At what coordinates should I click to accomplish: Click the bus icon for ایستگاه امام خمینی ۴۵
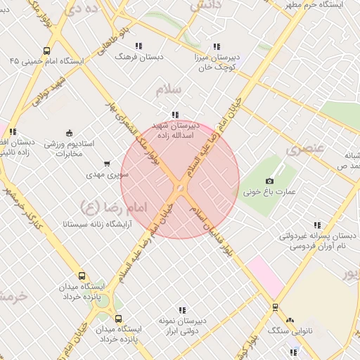(x=46, y=51)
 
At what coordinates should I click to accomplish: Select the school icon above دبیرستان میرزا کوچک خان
(x=216, y=46)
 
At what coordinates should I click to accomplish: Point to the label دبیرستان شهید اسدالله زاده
(x=175, y=129)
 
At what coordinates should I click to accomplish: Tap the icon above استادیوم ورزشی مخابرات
(x=69, y=132)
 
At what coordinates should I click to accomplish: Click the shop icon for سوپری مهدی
(x=107, y=163)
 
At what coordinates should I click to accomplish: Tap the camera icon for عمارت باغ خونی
(x=270, y=181)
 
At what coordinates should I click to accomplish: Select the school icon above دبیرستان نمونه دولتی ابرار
(x=182, y=309)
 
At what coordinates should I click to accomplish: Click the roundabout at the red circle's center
(x=181, y=188)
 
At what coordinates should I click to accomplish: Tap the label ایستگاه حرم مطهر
(x=322, y=6)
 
